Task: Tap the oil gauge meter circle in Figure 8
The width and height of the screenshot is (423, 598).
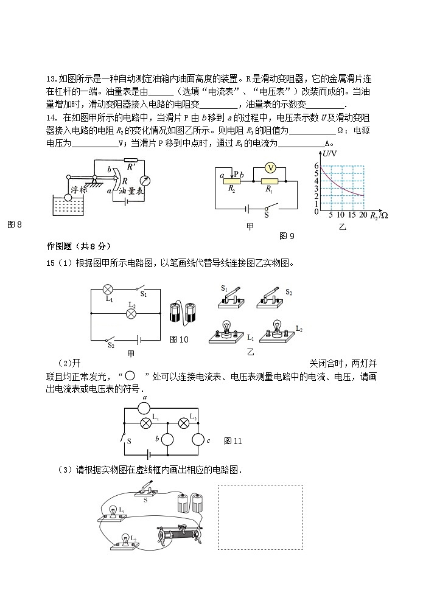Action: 145,181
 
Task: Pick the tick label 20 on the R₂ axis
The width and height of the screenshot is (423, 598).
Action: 363,215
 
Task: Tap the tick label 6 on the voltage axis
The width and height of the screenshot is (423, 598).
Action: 316,165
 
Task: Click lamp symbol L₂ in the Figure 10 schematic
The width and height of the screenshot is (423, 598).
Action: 130,313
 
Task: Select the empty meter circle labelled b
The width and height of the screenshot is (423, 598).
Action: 166,439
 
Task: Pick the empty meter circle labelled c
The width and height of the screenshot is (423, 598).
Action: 198,439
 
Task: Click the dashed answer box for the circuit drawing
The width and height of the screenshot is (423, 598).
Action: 260,517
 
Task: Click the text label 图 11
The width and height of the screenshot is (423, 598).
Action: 233,440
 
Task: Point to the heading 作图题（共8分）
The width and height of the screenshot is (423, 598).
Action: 79,246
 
